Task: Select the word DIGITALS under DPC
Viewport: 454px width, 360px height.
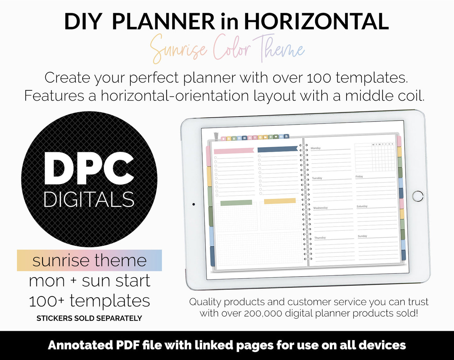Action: [89, 199]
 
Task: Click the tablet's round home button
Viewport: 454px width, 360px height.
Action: [418, 196]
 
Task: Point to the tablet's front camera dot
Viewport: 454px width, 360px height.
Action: [194, 204]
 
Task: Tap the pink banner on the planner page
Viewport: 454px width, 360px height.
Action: [234, 151]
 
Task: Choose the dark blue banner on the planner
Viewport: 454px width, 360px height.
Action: [277, 149]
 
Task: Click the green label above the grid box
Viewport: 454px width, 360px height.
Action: [236, 203]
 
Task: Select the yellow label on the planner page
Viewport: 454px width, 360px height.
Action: [280, 201]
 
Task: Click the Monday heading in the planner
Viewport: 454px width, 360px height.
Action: [316, 148]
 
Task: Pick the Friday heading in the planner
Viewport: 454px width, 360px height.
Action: [359, 176]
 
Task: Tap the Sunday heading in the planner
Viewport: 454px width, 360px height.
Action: [362, 236]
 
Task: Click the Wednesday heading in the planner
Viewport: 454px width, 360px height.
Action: [320, 208]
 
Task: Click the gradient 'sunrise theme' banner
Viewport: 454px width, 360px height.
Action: [90, 261]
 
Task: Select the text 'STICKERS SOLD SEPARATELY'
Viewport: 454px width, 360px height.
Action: [89, 318]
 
